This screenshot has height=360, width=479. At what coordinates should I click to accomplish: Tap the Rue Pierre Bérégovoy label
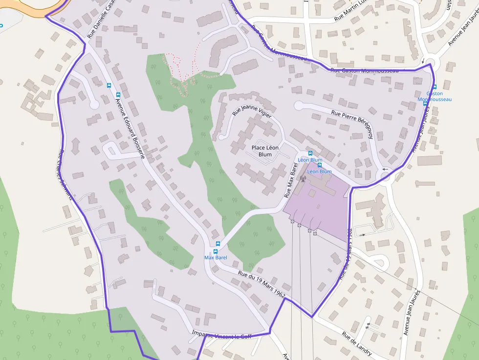(352, 123)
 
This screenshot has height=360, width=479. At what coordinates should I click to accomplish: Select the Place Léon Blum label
(265, 151)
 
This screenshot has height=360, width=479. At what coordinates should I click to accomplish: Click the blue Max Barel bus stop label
(216, 257)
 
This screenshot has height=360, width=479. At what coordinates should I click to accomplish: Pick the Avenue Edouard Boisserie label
(130, 126)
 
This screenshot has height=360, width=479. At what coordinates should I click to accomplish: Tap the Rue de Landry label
(357, 344)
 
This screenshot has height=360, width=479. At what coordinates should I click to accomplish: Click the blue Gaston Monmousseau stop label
(434, 96)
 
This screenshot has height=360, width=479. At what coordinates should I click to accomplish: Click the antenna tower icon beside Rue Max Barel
(302, 178)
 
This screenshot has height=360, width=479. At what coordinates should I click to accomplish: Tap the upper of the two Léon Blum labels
(310, 160)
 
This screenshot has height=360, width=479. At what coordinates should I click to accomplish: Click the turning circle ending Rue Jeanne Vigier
(223, 137)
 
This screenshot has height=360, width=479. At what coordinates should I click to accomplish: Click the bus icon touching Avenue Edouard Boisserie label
(118, 94)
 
